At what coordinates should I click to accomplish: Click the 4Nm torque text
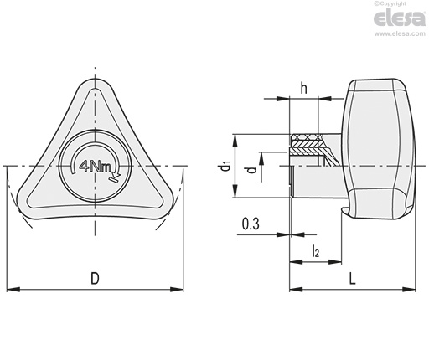pyautogui.click(x=96, y=167)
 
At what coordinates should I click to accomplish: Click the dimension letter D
pyautogui.click(x=96, y=278)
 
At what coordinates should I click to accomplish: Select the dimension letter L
pyautogui.click(x=353, y=278)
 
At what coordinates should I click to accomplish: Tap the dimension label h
pyautogui.click(x=303, y=88)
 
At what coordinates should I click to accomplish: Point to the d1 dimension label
pyautogui.click(x=225, y=167)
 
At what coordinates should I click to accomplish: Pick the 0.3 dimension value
pyautogui.click(x=251, y=224)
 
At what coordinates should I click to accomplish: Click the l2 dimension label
pyautogui.click(x=315, y=250)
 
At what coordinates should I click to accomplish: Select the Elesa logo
pyautogui.click(x=400, y=18)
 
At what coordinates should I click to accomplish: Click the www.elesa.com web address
pyautogui.click(x=400, y=33)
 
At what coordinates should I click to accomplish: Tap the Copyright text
pyautogui.click(x=390, y=3)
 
